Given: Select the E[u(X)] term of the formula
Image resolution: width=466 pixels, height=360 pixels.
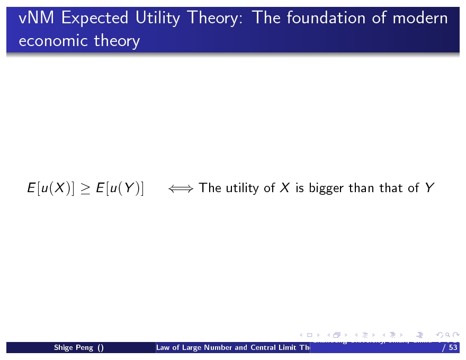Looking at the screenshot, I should pos(51,188).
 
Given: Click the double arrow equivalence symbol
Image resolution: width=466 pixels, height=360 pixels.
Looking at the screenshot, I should pos(181,188).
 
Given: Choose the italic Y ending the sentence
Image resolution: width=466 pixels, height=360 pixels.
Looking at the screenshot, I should pos(429,187).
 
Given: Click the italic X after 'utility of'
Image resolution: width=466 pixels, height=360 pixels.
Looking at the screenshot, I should pos(284,187).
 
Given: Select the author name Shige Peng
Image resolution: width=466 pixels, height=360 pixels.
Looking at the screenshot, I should pos(74,348).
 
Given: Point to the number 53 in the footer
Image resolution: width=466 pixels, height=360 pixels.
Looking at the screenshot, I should pos(452,348).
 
